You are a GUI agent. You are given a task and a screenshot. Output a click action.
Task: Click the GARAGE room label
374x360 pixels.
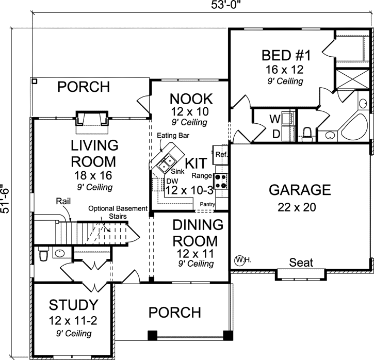pyautogui.click(x=300, y=190)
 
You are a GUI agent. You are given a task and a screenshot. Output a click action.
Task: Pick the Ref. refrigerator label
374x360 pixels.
pyautogui.click(x=222, y=154)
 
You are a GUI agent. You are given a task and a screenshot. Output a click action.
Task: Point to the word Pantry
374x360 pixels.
pyautogui.click(x=208, y=204)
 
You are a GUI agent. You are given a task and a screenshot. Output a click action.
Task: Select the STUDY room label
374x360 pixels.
pyautogui.click(x=73, y=303)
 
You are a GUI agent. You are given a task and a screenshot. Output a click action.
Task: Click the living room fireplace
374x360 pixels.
pyautogui.click(x=91, y=119)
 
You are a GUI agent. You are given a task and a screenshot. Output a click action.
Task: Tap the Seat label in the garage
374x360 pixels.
pyautogui.click(x=301, y=262)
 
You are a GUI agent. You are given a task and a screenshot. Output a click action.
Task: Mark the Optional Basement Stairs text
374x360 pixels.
pyautogui.click(x=117, y=212)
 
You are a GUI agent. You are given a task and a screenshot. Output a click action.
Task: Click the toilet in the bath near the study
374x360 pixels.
pyautogui.click(x=43, y=254)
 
